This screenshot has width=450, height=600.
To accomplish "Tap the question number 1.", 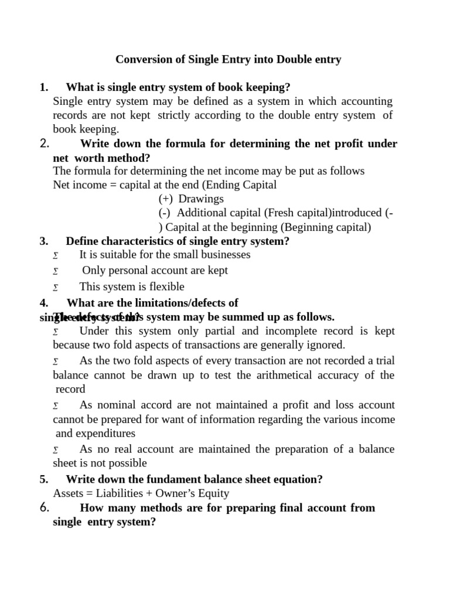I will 43,87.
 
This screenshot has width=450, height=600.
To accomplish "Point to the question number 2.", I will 44,144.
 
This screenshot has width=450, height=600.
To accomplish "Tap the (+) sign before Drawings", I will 166,199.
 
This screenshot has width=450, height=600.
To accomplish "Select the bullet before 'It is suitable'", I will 56,255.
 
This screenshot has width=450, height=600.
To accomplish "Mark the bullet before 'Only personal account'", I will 56,271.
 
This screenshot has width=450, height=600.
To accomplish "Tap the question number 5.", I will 43,479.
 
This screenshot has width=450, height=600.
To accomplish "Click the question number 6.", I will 44,508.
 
